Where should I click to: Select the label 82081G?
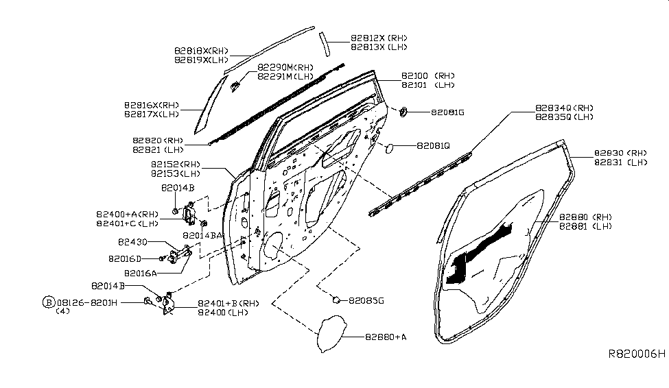(448, 112)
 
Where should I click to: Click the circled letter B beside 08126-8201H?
(48, 302)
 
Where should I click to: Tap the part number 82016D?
(124, 259)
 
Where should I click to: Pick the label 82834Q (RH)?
(564, 108)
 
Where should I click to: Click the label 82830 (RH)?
(620, 153)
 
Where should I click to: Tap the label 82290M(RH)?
(285, 67)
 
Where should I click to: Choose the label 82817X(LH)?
(151, 114)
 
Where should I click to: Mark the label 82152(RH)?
(175, 165)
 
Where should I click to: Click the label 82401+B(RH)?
(219, 303)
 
